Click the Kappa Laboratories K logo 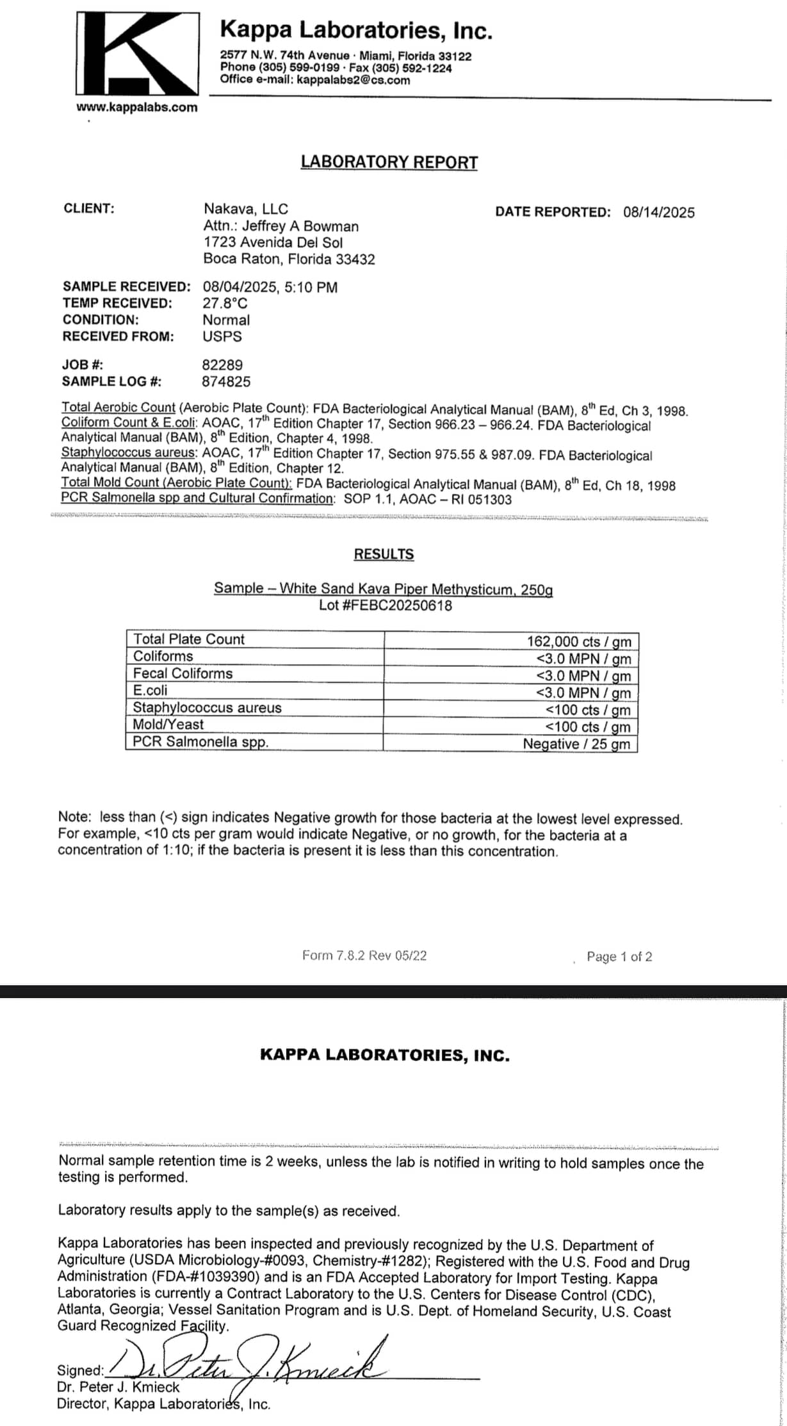pos(137,55)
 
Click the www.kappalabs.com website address pos(137,108)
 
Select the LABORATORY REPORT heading pos(389,162)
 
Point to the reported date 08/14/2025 pos(658,213)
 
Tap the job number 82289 pos(222,365)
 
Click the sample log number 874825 pos(226,382)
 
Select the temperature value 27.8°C pos(225,304)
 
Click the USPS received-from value pos(222,336)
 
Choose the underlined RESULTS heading pos(384,554)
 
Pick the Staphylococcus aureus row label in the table pos(207,708)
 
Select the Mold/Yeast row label pos(168,725)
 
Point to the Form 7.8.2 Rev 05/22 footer pos(364,956)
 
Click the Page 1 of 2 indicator pos(619,957)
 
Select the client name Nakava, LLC pos(246,209)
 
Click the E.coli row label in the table pos(150,691)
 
